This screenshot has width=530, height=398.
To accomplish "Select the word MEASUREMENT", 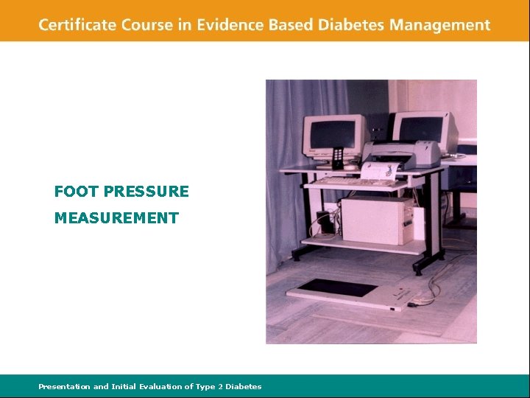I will coord(116,218).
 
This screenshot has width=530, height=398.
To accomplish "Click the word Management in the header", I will coord(440,25).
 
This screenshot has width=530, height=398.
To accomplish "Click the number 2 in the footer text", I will coord(219,386).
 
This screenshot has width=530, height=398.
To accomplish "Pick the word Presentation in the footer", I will coord(64,386).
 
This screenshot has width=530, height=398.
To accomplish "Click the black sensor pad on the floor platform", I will coord(338,287).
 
